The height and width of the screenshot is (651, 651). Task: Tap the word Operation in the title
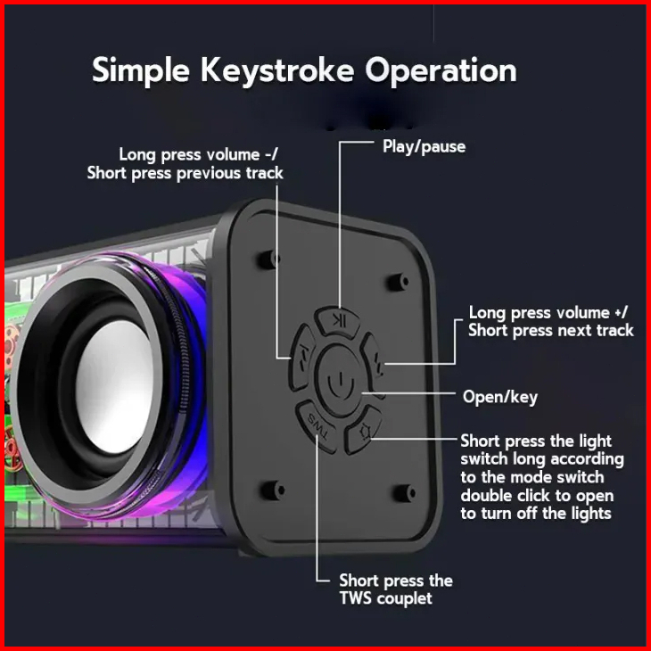coord(439,70)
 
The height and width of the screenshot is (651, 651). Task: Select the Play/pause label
coord(424,146)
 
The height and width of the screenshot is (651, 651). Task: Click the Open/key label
coord(499,397)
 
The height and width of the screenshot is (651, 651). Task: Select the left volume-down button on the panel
coord(302,350)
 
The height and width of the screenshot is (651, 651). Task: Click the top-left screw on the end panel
coord(266,259)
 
